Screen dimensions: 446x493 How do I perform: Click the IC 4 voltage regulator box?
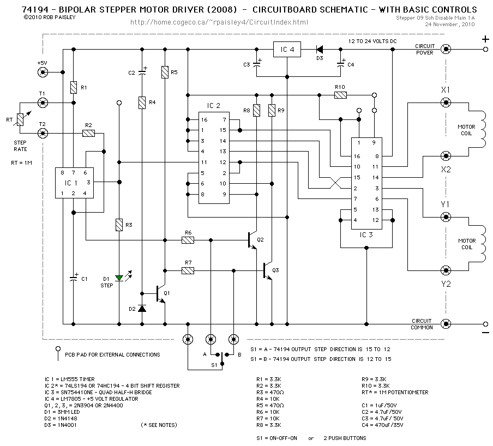(x=287, y=50)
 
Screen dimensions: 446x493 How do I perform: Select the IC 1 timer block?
(x=75, y=182)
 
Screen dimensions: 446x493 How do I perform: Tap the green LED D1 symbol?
(x=119, y=278)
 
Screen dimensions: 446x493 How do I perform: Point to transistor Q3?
(x=267, y=270)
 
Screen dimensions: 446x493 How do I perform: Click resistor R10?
(x=340, y=95)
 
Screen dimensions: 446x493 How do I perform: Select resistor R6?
(x=188, y=239)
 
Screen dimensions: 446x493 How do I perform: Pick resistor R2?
(x=88, y=133)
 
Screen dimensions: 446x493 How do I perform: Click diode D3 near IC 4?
(x=320, y=50)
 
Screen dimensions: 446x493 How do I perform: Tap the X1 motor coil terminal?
(x=446, y=102)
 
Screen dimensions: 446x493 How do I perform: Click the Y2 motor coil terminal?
(x=446, y=270)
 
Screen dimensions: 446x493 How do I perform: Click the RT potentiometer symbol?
(x=20, y=118)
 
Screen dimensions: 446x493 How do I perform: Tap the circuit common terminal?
(x=446, y=323)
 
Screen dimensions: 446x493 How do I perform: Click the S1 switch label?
(x=214, y=364)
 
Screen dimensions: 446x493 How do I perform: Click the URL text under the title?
(x=220, y=22)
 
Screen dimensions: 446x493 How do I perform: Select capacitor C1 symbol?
(x=74, y=278)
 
